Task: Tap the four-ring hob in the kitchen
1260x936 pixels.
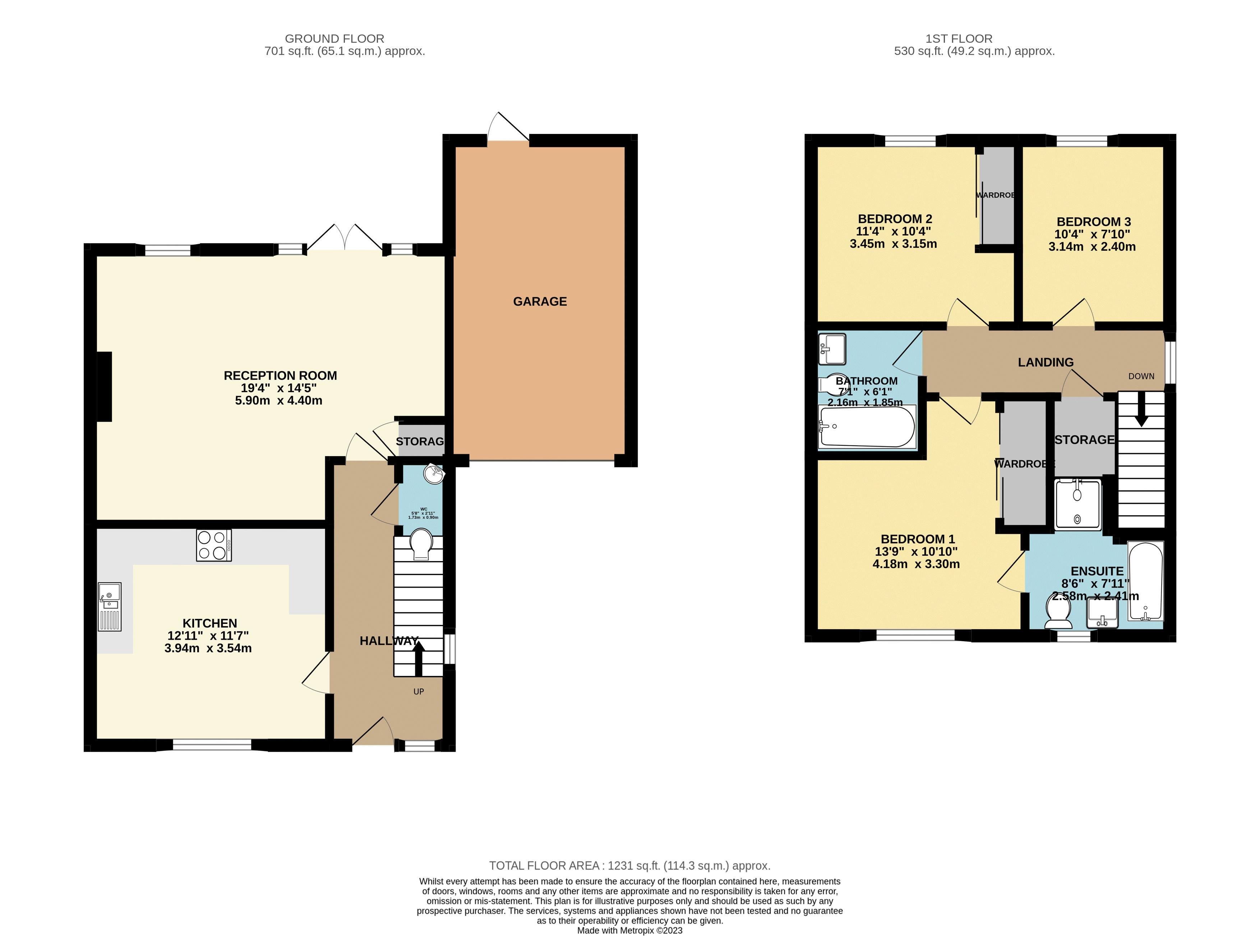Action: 214,545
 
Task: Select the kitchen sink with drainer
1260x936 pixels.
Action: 109,607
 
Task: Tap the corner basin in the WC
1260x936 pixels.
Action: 434,474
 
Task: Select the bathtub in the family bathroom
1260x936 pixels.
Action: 867,427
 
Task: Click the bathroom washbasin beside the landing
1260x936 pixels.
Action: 831,348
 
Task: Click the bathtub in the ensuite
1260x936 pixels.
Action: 1145,581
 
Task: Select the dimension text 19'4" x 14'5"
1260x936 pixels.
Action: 278,388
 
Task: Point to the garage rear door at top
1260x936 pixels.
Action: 508,128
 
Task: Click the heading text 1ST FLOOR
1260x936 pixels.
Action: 959,38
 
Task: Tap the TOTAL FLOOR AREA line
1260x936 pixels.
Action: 629,865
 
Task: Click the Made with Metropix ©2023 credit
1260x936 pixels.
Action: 629,930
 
